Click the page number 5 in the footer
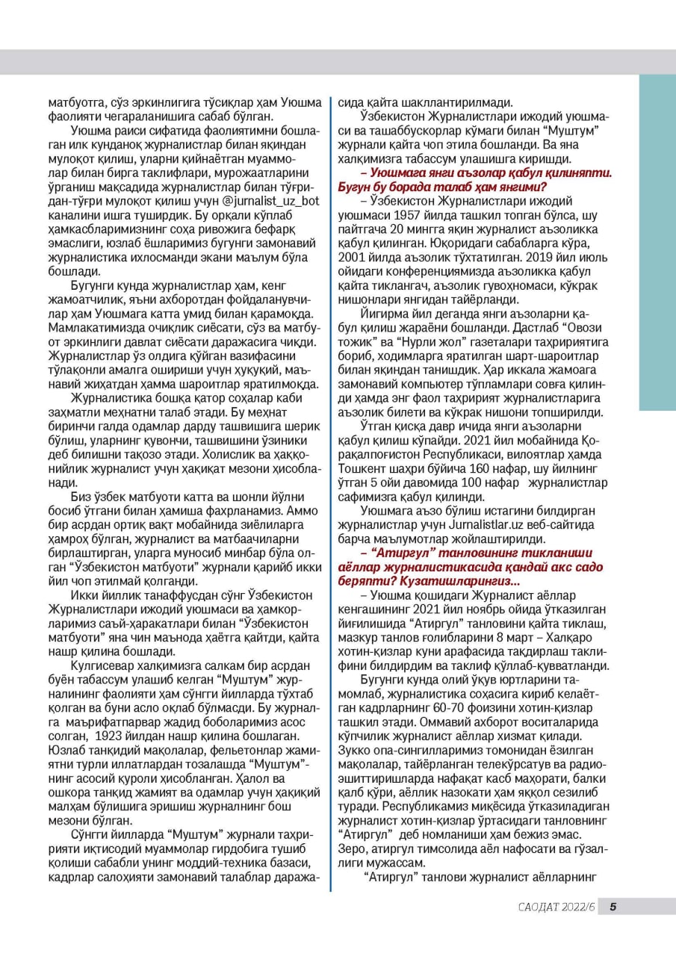[613, 907]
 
